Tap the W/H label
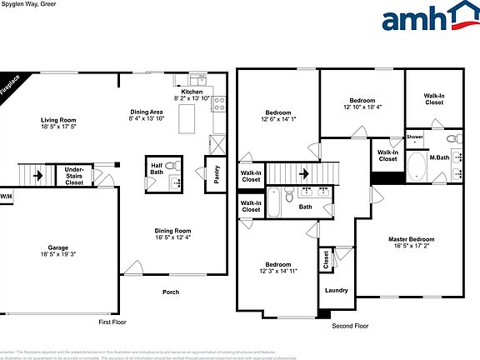point(7,197)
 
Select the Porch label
point(171,292)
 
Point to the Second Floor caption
point(350,326)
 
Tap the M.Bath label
point(440,157)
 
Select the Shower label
point(414,137)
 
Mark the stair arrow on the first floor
point(37,175)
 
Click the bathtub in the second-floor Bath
point(274,201)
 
